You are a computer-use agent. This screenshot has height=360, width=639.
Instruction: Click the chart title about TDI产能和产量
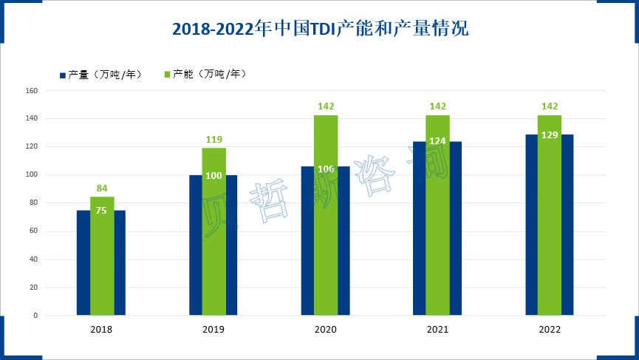pyautogui.click(x=320, y=29)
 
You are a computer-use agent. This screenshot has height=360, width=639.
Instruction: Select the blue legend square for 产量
pyautogui.click(x=63, y=75)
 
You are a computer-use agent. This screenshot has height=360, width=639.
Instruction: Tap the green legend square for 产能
pyautogui.click(x=168, y=75)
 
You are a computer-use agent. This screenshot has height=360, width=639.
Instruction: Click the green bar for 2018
pyautogui.click(x=102, y=259)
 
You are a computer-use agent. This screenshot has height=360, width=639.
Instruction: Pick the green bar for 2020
pyautogui.click(x=326, y=222)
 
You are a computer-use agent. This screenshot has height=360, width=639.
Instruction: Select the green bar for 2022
pyautogui.click(x=550, y=222)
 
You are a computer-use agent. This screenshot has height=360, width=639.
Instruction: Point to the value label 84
pyautogui.click(x=102, y=188)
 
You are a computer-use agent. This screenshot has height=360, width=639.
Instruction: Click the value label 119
pyautogui.click(x=214, y=139)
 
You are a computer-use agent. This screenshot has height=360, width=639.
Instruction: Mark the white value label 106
pyautogui.click(x=326, y=169)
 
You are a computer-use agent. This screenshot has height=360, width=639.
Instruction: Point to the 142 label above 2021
pyautogui.click(x=438, y=106)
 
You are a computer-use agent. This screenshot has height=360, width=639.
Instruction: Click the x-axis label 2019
pyautogui.click(x=214, y=330)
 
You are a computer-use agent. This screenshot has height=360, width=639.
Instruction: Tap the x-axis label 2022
pyautogui.click(x=550, y=330)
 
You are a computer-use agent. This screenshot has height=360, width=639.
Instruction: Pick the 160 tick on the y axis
pyautogui.click(x=32, y=91)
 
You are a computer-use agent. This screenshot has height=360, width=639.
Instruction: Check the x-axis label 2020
pyautogui.click(x=326, y=330)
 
